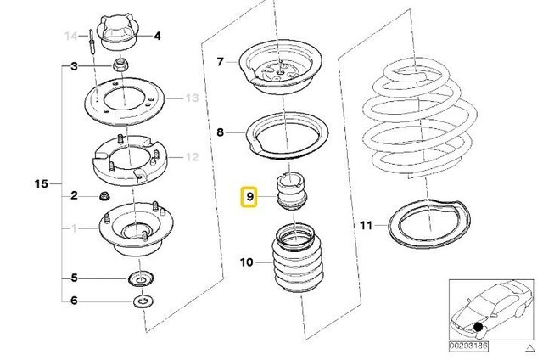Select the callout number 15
(38, 183)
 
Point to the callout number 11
(365, 225)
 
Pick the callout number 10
(247, 263)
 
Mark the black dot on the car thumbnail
(479, 327)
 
